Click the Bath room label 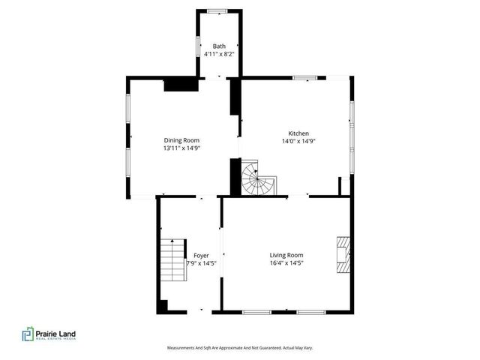[x=219, y=46]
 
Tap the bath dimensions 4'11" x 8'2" [x=219, y=54]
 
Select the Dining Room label [x=181, y=139]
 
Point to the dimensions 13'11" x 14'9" [x=181, y=148]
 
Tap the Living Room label [x=286, y=254]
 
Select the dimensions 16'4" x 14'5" [x=286, y=262]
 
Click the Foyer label [x=201, y=256]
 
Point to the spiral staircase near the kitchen [x=257, y=180]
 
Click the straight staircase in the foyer [x=172, y=261]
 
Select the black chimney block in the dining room [x=177, y=84]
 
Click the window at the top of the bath [x=218, y=10]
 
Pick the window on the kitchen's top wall [x=304, y=77]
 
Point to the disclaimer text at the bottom [x=240, y=348]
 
